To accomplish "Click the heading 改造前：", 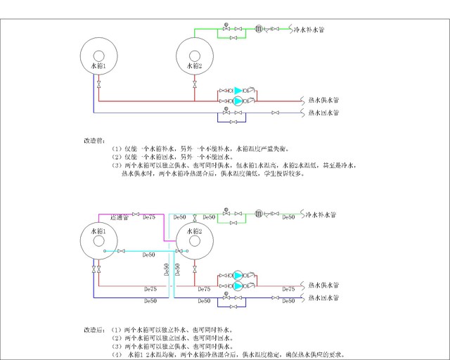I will coord(95,141).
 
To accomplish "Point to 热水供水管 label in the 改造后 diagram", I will coord(323,285).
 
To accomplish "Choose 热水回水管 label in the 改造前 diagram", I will coord(323,112).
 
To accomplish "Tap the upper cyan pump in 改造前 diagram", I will coord(238,90).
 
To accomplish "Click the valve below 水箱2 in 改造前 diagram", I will coord(194,84).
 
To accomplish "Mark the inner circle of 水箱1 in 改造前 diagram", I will coord(99,56).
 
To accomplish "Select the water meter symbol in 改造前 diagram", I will coord(259,29).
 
